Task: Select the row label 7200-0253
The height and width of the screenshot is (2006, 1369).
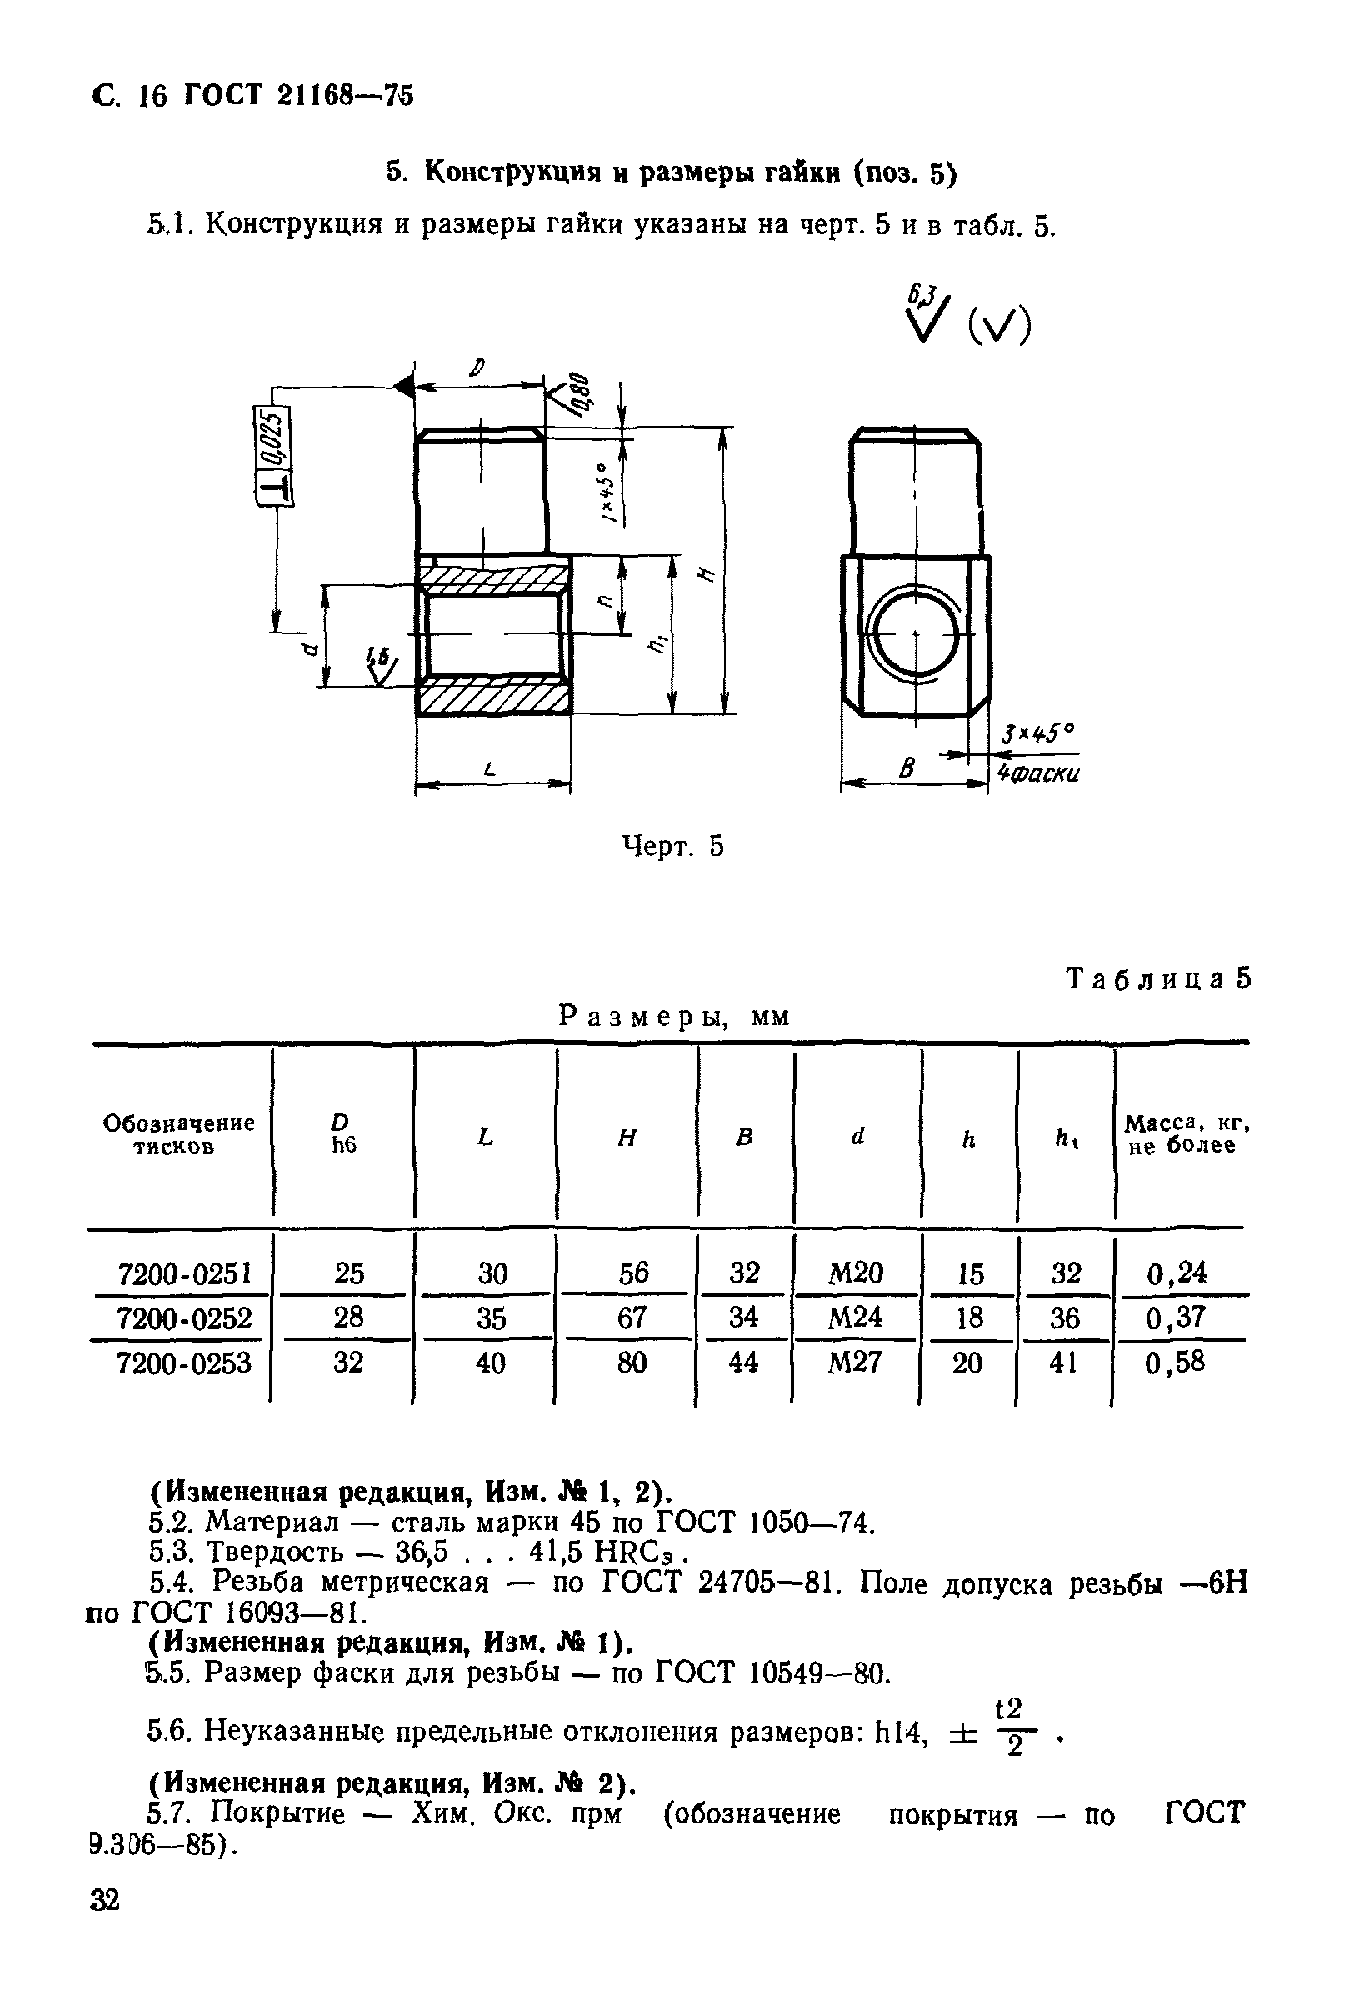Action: coord(184,1363)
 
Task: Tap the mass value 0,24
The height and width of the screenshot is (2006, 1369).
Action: coord(1177,1273)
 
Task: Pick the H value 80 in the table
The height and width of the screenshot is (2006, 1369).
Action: coord(632,1363)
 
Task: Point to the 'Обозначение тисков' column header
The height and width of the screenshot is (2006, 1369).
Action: coord(178,1134)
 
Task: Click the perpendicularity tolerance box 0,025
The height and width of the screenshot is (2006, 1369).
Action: coord(272,455)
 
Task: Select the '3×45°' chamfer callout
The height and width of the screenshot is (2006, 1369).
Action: coord(1037,734)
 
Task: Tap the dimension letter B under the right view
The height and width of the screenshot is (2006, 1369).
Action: coord(907,768)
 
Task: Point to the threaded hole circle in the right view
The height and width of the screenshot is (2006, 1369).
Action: coord(915,634)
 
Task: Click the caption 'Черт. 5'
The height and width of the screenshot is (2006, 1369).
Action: coord(672,847)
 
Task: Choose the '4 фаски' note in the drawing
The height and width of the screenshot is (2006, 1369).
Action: coord(1038,773)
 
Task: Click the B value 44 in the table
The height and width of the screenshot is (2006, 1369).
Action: coord(743,1363)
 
